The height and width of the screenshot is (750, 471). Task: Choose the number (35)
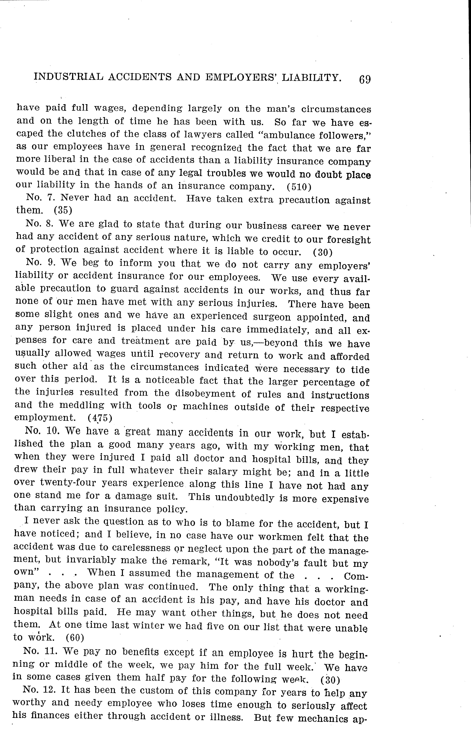coord(63,210)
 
